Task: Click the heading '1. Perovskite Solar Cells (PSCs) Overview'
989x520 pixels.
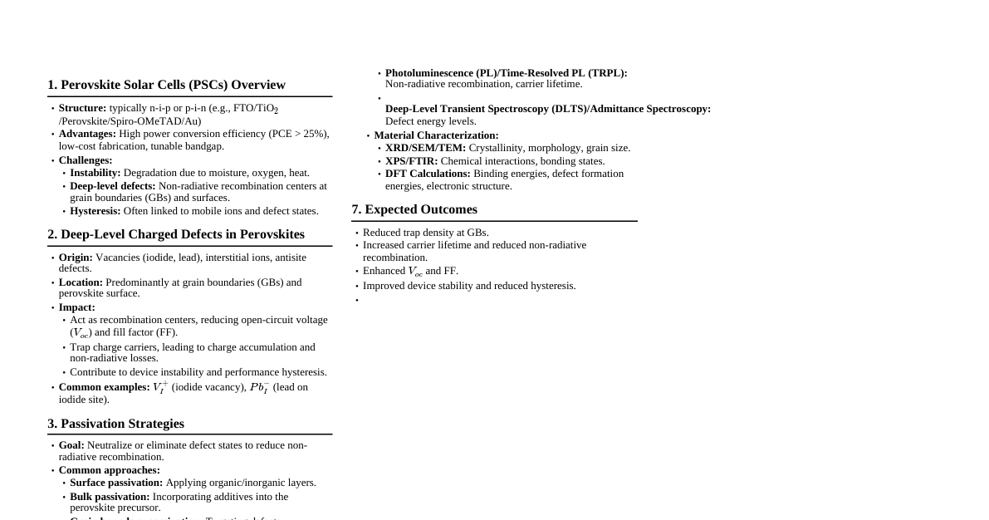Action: pyautogui.click(x=166, y=85)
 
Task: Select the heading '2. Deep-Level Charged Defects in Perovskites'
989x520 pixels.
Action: pyautogui.click(x=176, y=234)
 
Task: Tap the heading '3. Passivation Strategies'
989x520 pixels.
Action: pyautogui.click(x=115, y=424)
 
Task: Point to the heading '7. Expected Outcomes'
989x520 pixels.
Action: pyautogui.click(x=414, y=209)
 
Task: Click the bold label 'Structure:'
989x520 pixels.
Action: pyautogui.click(x=82, y=108)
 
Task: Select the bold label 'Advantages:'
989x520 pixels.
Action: pyautogui.click(x=87, y=134)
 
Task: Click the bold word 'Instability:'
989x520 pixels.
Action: pyautogui.click(x=95, y=173)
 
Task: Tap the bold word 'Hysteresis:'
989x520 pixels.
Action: pyautogui.click(x=95, y=211)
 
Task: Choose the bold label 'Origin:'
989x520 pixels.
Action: pyautogui.click(x=76, y=258)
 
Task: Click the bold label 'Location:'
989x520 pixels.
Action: pyautogui.click(x=81, y=282)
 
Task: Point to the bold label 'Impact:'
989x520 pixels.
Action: pyautogui.click(x=77, y=307)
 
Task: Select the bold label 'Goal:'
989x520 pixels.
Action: pyautogui.click(x=71, y=445)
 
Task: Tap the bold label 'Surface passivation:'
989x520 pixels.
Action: pyautogui.click(x=116, y=483)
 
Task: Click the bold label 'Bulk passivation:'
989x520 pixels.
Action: pyautogui.click(x=110, y=497)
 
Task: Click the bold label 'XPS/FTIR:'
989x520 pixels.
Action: pyautogui.click(x=411, y=161)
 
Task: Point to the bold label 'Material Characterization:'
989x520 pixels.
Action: pyautogui.click(x=436, y=135)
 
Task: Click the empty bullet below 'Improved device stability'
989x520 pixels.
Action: pyautogui.click(x=357, y=300)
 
